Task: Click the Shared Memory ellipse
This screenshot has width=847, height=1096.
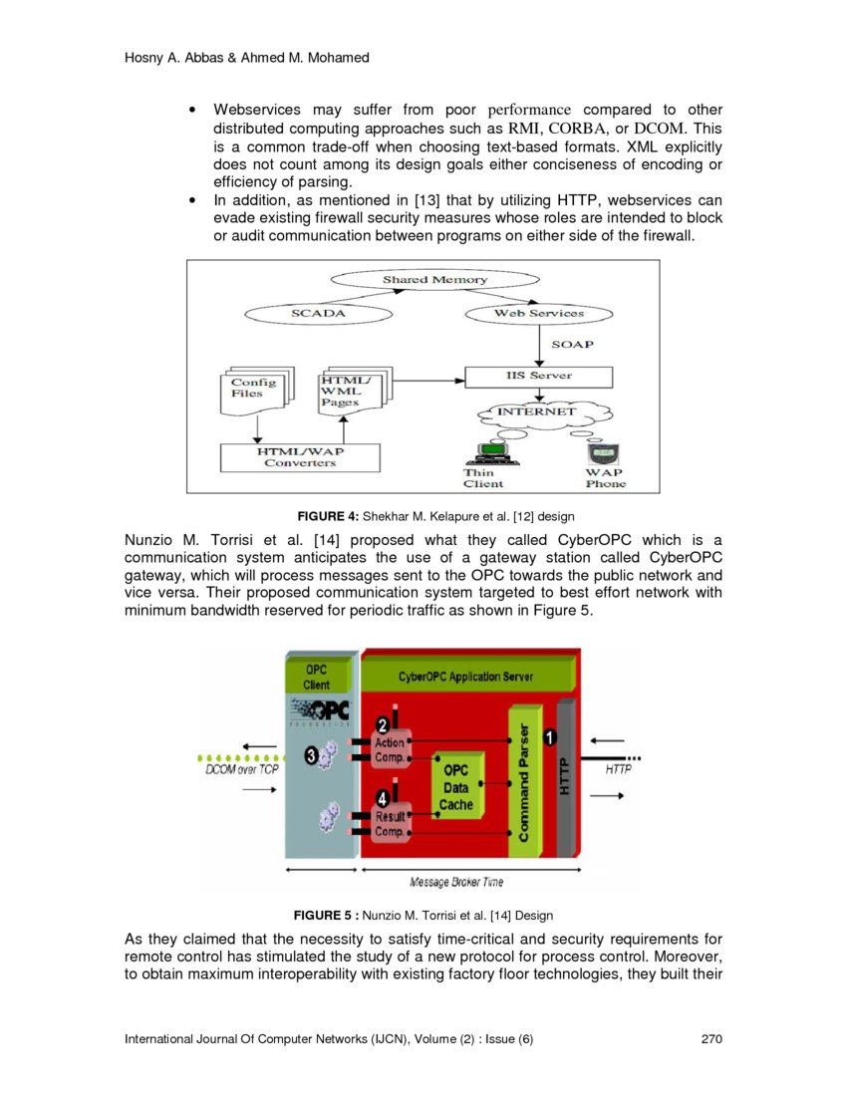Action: pyautogui.click(x=434, y=280)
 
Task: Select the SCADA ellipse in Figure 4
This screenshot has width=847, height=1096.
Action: pyautogui.click(x=318, y=313)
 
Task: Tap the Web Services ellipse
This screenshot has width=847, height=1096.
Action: pyautogui.click(x=539, y=313)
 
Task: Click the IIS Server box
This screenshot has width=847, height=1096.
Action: pyautogui.click(x=539, y=377)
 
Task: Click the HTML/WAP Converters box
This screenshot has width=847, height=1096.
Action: pyautogui.click(x=300, y=457)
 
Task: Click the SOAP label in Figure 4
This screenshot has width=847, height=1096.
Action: pyautogui.click(x=572, y=345)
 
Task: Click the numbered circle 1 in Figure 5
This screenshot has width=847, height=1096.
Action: pyautogui.click(x=549, y=736)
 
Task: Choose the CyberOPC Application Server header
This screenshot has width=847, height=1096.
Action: pyautogui.click(x=465, y=677)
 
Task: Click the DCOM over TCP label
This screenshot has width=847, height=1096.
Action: pyautogui.click(x=241, y=770)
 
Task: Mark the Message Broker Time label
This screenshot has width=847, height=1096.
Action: pyautogui.click(x=456, y=882)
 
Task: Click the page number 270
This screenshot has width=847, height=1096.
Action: pyautogui.click(x=710, y=1040)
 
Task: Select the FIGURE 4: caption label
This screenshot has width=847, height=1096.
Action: pyautogui.click(x=328, y=516)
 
